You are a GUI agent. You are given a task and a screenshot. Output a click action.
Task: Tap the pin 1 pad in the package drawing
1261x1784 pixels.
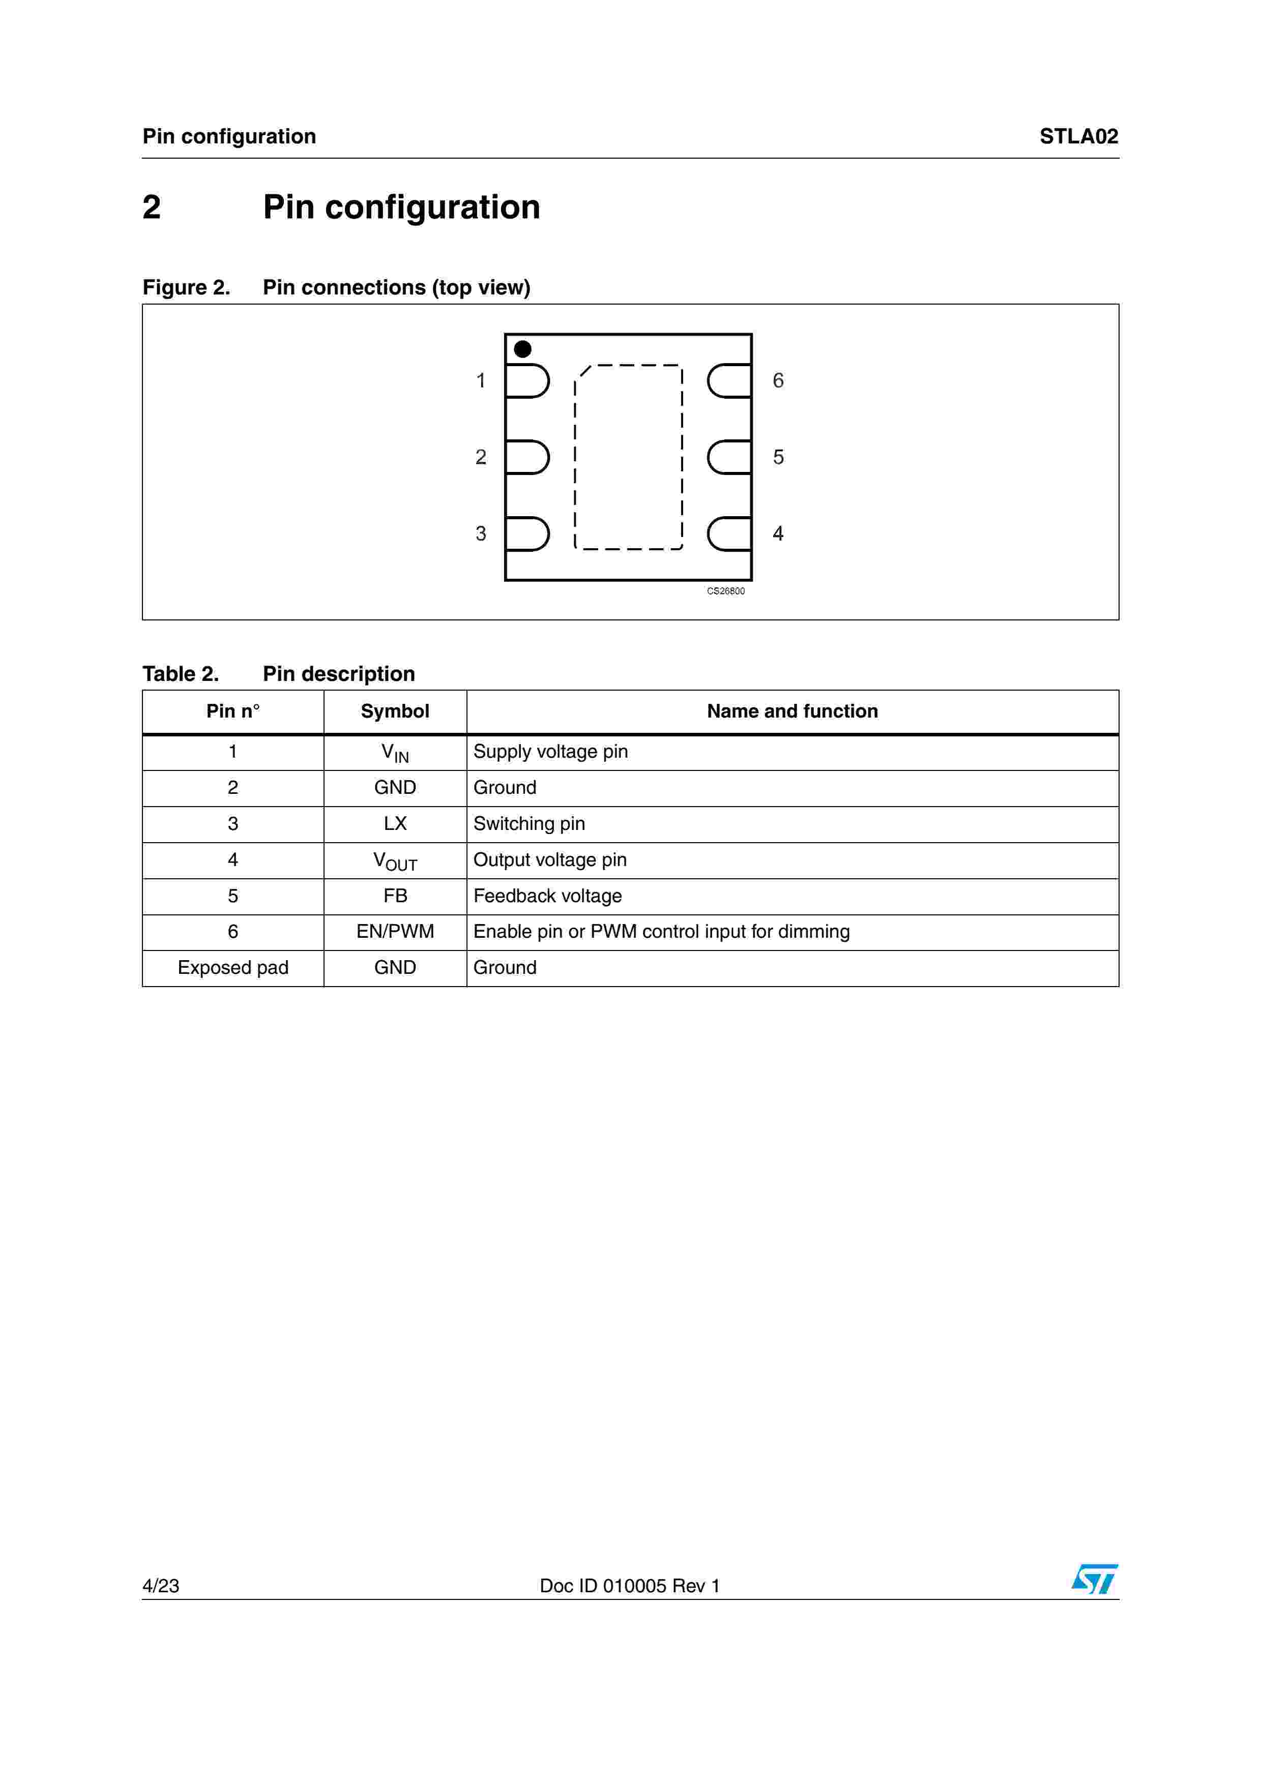coord(527,381)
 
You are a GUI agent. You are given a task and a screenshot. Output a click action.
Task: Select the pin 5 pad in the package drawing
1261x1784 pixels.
coord(729,457)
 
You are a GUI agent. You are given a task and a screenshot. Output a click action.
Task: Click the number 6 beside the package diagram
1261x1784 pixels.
coord(778,381)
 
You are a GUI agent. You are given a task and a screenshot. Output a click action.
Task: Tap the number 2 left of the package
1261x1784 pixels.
coord(481,457)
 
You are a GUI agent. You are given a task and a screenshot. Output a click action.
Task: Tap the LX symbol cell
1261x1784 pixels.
coord(395,824)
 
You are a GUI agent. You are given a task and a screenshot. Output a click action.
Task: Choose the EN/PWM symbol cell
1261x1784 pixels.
coord(395,932)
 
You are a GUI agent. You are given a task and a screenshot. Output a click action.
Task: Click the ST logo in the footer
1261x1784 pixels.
coord(1094,1579)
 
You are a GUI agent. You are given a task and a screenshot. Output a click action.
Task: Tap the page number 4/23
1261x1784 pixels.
coord(161,1586)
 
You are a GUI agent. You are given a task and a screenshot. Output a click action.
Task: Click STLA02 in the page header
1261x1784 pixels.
coord(1078,137)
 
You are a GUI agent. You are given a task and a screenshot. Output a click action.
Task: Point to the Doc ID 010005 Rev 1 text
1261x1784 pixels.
coord(629,1586)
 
